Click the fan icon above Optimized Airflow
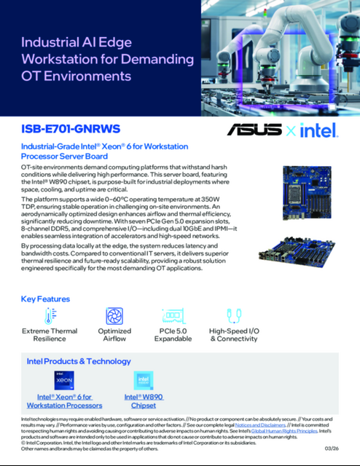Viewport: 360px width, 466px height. (x=114, y=316)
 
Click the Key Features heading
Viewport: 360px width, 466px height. (x=45, y=299)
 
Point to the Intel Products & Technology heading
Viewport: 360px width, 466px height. (x=79, y=360)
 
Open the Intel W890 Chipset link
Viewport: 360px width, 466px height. (x=143, y=400)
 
